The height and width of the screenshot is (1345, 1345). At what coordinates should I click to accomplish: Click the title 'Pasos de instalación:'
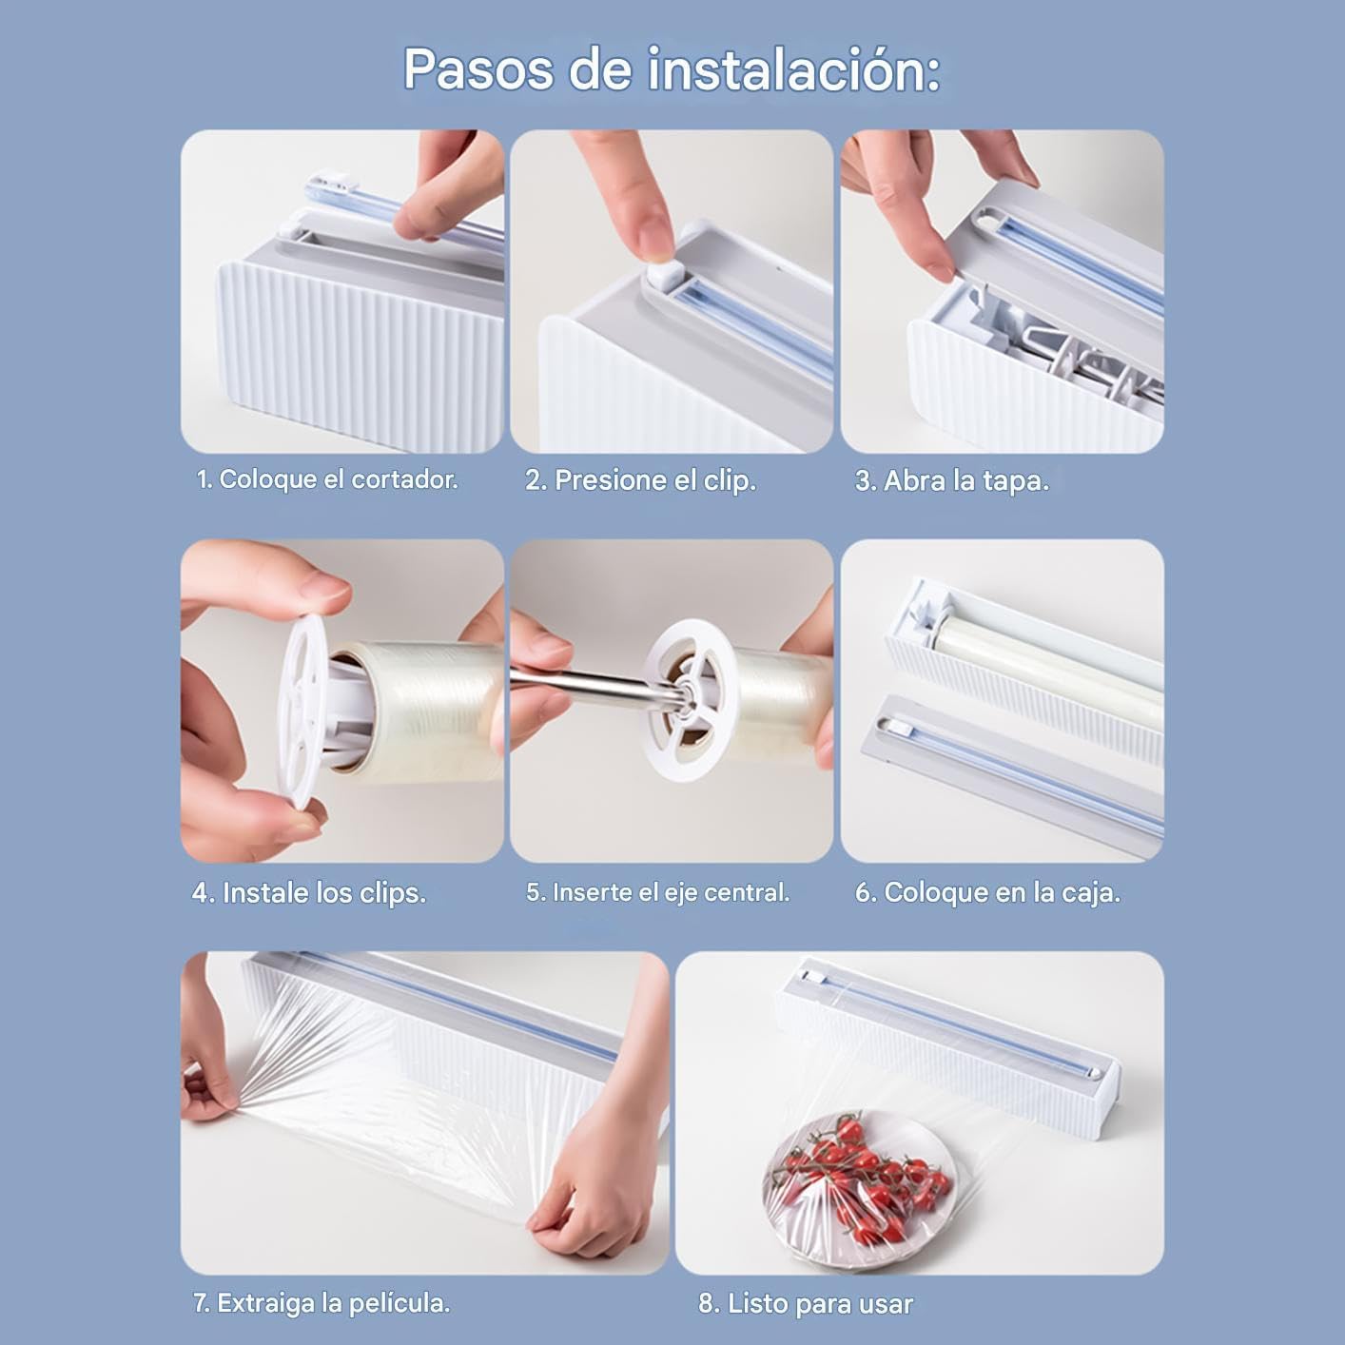coord(672,68)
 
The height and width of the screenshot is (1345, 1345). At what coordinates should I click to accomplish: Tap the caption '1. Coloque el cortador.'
coord(327,479)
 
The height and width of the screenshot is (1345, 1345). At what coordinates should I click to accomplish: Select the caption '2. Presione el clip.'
coord(640,480)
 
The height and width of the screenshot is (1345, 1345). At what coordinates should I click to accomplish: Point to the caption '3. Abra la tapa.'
coord(951,480)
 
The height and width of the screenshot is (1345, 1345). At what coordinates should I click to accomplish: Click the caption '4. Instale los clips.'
coord(309,892)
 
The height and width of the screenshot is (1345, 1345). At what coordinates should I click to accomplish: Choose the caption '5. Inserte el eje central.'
coord(657,892)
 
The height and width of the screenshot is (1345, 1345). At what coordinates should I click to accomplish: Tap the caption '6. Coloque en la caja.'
coord(987,892)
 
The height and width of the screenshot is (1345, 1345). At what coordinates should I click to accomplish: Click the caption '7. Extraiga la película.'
coord(322,1302)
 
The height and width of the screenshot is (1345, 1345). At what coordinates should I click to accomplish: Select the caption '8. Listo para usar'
coord(805,1303)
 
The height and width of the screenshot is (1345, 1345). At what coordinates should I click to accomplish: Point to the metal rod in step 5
coord(590,685)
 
